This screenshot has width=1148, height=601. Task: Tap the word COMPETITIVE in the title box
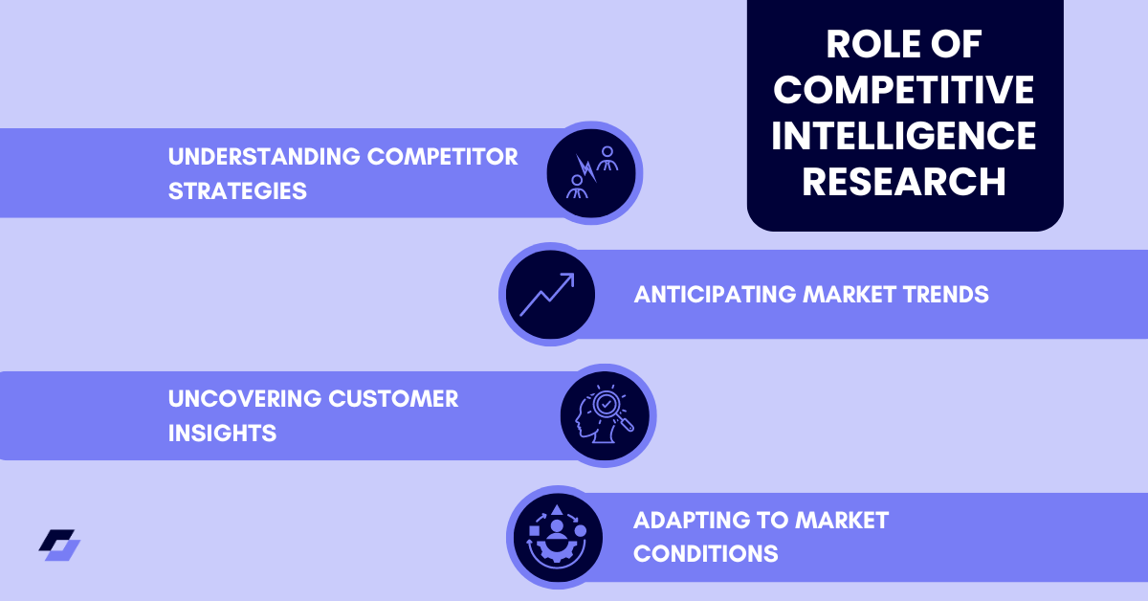point(904,90)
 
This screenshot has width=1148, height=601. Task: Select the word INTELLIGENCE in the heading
point(904,135)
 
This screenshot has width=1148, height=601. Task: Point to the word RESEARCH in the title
point(904,181)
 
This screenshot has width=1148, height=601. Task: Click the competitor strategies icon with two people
point(591,173)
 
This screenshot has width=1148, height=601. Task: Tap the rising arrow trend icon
point(547,294)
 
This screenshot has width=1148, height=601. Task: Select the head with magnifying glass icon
point(605,415)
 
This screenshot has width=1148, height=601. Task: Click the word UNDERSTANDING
point(254,156)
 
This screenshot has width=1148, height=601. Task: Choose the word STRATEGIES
point(237,190)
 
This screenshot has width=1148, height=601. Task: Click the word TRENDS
point(943,294)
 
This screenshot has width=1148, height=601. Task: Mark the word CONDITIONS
point(705,554)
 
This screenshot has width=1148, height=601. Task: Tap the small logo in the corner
point(59,545)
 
